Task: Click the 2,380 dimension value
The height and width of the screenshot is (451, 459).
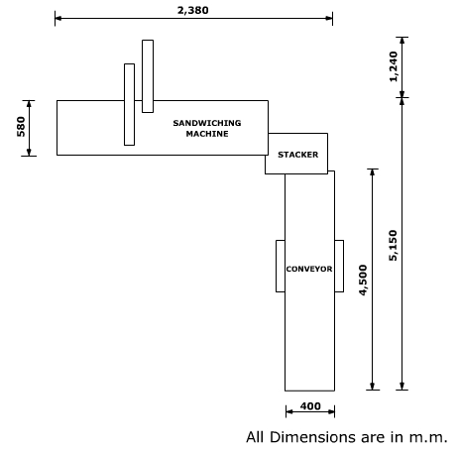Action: pos(193,10)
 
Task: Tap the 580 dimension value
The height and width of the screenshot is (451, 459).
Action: pos(21,127)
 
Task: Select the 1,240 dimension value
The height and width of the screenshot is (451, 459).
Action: pos(394,66)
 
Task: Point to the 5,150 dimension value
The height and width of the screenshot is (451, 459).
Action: pos(393,246)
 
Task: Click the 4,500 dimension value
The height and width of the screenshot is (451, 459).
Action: pos(363,281)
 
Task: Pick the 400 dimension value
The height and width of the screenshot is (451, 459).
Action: pos(310,406)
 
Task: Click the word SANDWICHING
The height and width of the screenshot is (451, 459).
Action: pos(207,123)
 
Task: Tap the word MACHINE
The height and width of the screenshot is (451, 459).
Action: pos(207,134)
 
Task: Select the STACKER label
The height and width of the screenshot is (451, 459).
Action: pos(298,155)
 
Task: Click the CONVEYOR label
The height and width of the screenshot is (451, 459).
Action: pos(309,269)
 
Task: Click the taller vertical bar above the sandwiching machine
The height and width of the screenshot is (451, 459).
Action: pos(148,76)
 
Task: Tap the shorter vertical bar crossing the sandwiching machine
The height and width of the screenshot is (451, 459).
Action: pos(129,104)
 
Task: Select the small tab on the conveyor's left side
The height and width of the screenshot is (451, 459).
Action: pos(281,266)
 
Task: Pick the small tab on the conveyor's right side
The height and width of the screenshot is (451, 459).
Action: pos(339,266)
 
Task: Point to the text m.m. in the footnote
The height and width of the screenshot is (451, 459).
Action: pos(428,438)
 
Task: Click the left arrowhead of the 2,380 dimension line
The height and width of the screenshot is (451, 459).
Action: pos(58,18)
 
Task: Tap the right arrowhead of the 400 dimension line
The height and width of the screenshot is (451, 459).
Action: pos(331,411)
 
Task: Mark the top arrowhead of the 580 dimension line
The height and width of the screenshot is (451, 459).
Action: pos(29,104)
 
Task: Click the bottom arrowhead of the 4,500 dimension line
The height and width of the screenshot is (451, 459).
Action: pos(373,387)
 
